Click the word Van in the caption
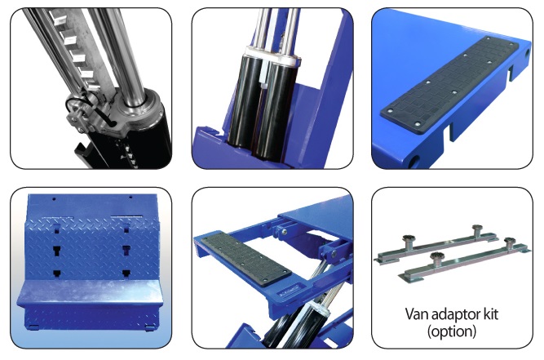[x=417, y=314]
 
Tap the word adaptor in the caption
[x=456, y=315]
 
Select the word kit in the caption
[x=491, y=313]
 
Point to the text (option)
[x=452, y=331]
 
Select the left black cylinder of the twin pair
[x=245, y=100]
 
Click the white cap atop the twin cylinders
[x=272, y=55]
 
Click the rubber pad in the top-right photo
[x=449, y=85]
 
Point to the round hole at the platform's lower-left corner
[x=413, y=162]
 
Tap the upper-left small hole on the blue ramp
[x=54, y=199]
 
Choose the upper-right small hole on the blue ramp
[x=130, y=198]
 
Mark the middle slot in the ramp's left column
[x=57, y=250]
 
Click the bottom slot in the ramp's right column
[x=126, y=273]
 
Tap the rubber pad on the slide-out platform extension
[x=246, y=258]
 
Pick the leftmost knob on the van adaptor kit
[x=409, y=238]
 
